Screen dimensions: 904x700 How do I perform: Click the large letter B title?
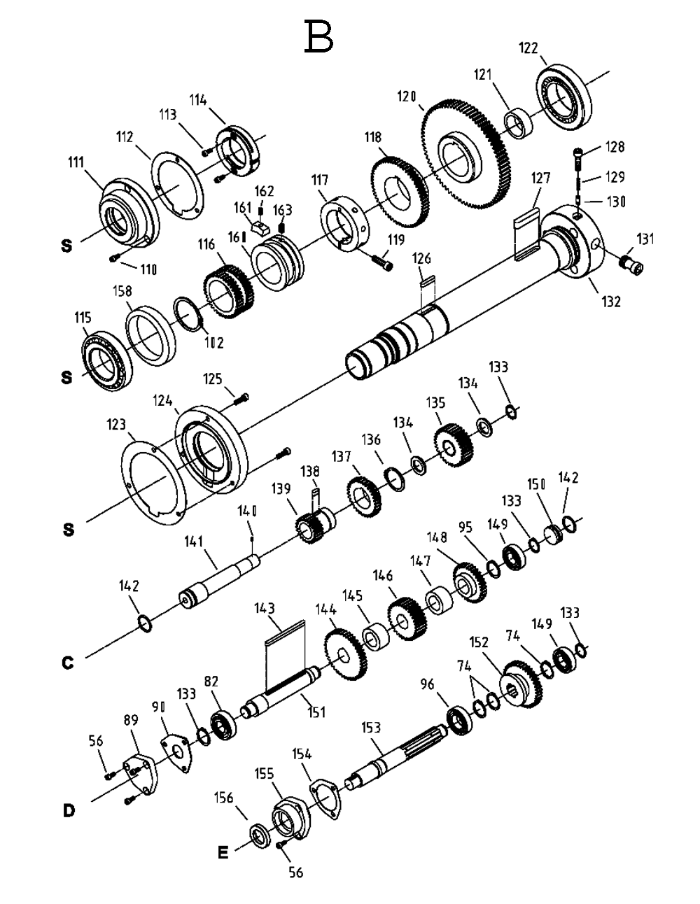(318, 36)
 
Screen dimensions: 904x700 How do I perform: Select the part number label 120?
(407, 97)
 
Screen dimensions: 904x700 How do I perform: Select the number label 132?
(610, 302)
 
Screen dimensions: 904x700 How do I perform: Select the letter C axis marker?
(67, 662)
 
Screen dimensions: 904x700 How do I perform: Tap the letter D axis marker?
(68, 811)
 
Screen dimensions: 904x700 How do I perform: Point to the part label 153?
(372, 728)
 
